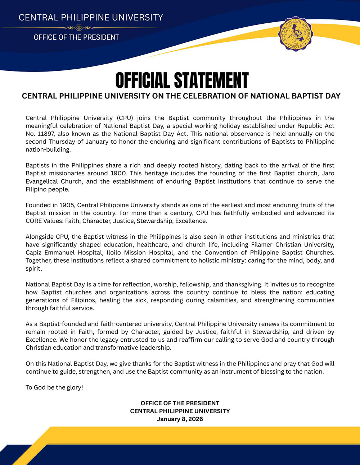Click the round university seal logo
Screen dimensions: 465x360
(296, 34)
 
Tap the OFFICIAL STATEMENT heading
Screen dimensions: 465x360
(182, 80)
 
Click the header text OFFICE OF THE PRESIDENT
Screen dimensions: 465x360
(76, 37)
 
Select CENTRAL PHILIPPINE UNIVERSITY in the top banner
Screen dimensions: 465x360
(91, 18)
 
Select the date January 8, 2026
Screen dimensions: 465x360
(180, 419)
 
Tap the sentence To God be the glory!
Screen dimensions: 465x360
(54, 387)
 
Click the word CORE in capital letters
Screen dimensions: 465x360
(34, 221)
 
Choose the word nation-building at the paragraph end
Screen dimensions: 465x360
(48, 149)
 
